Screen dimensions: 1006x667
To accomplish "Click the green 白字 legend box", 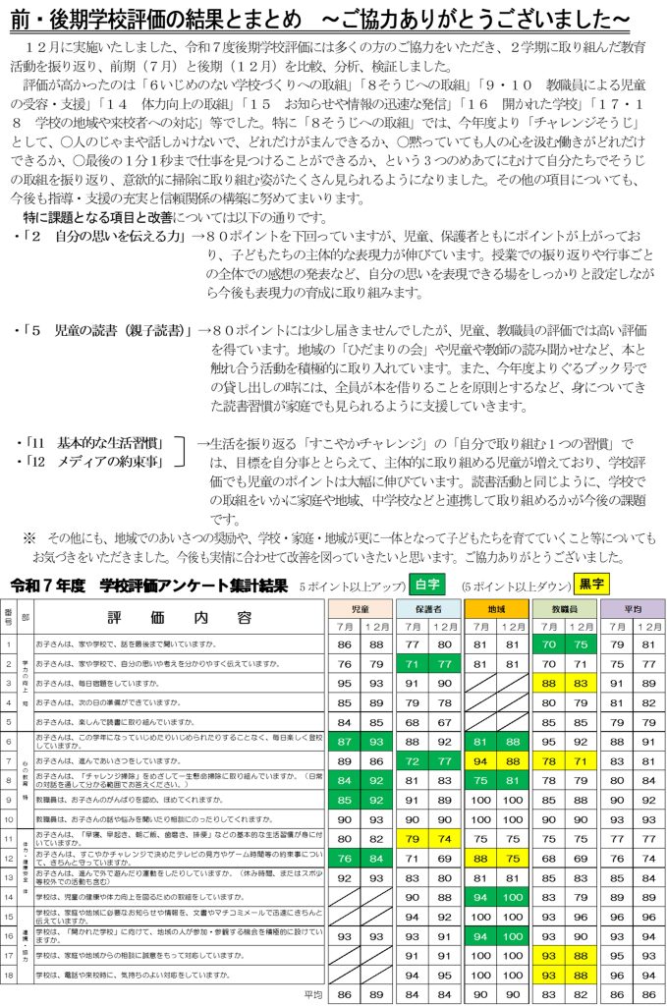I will [426, 585].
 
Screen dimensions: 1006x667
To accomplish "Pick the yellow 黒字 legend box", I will [592, 585].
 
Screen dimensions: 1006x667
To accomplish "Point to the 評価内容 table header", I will [177, 617].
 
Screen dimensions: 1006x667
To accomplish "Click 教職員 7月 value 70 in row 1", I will [548, 644].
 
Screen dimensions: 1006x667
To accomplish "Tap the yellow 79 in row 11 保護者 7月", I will [413, 838].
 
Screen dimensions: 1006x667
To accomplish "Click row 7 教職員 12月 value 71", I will [583, 760].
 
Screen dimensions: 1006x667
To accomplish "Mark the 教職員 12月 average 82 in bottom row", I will [583, 994].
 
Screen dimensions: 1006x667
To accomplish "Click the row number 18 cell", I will [8, 975].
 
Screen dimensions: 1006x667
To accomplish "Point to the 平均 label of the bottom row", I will [313, 994].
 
